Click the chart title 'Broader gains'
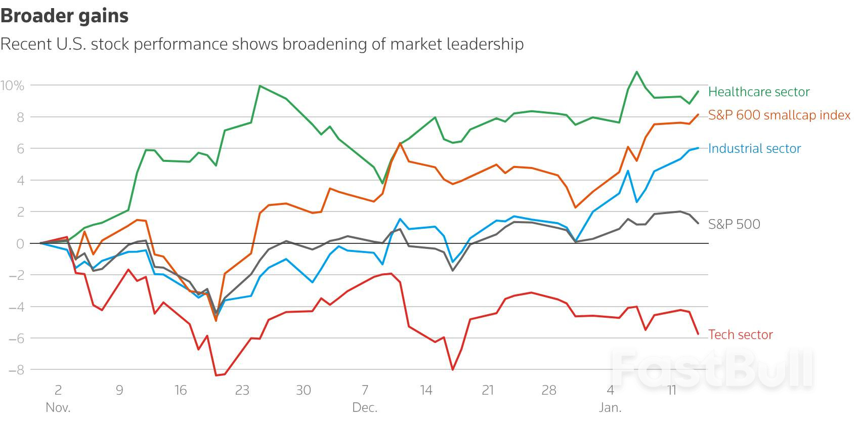point(64,16)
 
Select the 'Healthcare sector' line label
point(758,92)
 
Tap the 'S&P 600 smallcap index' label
point(779,115)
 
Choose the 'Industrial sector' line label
point(754,148)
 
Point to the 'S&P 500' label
point(734,224)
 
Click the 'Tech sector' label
point(740,334)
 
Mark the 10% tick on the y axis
point(13,86)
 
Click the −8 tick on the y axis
point(16,370)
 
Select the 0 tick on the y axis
point(20,243)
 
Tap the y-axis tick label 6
point(20,149)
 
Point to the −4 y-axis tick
point(16,307)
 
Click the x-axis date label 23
point(242,390)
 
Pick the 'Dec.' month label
point(365,407)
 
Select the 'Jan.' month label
point(610,407)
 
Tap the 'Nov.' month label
point(58,407)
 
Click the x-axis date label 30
point(303,390)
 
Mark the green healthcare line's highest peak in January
point(636,72)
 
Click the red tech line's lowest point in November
point(216,375)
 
